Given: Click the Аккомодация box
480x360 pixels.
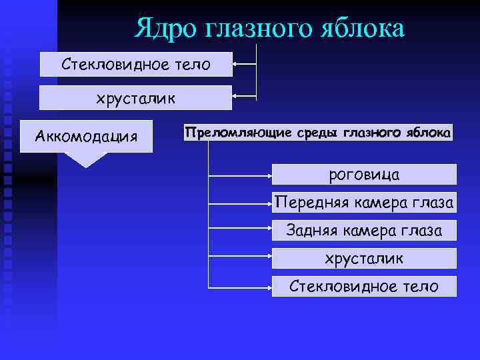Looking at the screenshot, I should click(86, 137).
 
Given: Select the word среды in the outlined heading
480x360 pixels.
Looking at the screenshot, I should click(317, 133).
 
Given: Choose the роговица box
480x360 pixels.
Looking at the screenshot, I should click(364, 175).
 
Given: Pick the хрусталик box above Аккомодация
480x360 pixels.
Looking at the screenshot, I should click(136, 98).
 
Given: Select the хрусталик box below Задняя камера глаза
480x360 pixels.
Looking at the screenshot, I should click(364, 259).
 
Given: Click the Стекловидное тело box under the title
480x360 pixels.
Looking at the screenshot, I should click(136, 65).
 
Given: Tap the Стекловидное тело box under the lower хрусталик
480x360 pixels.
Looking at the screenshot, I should click(364, 287).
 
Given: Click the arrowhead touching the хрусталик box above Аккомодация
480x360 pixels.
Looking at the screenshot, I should click(236, 98).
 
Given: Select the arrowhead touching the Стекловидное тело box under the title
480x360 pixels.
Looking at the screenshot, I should click(236, 65).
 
